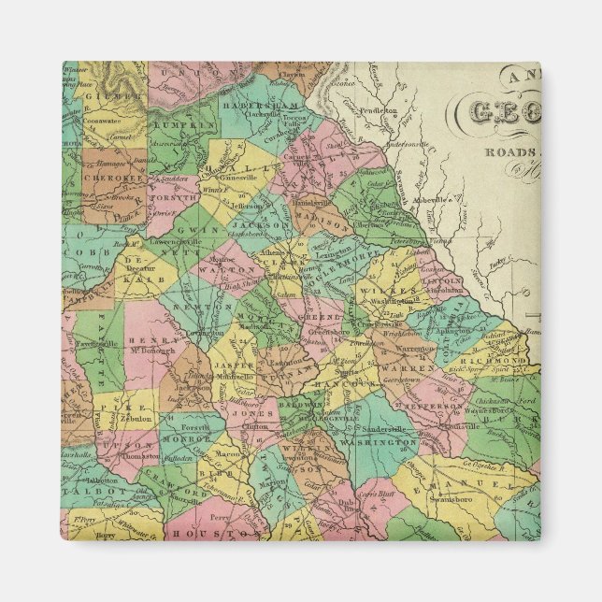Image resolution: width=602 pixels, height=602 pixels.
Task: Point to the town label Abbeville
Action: (443, 198)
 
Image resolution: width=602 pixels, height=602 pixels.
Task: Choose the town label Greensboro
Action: (328, 330)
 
